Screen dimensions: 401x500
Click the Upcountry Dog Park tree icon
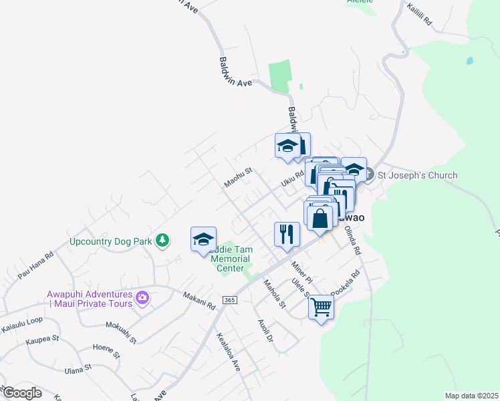pyautogui.click(x=162, y=240)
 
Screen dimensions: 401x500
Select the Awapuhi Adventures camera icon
pyautogui.click(x=142, y=297)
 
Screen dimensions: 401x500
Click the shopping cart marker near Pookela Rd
pyautogui.click(x=322, y=307)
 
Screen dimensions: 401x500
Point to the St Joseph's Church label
pyautogui.click(x=418, y=176)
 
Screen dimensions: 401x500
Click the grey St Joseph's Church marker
pyautogui.click(x=371, y=176)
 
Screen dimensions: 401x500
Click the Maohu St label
pyautogui.click(x=238, y=178)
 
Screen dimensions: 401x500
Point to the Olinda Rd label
pyautogui.click(x=353, y=241)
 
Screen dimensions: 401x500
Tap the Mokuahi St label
pyautogui.click(x=121, y=331)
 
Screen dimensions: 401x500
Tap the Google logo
pyautogui.click(x=21, y=393)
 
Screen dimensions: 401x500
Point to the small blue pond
pyautogui.click(x=471, y=60)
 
